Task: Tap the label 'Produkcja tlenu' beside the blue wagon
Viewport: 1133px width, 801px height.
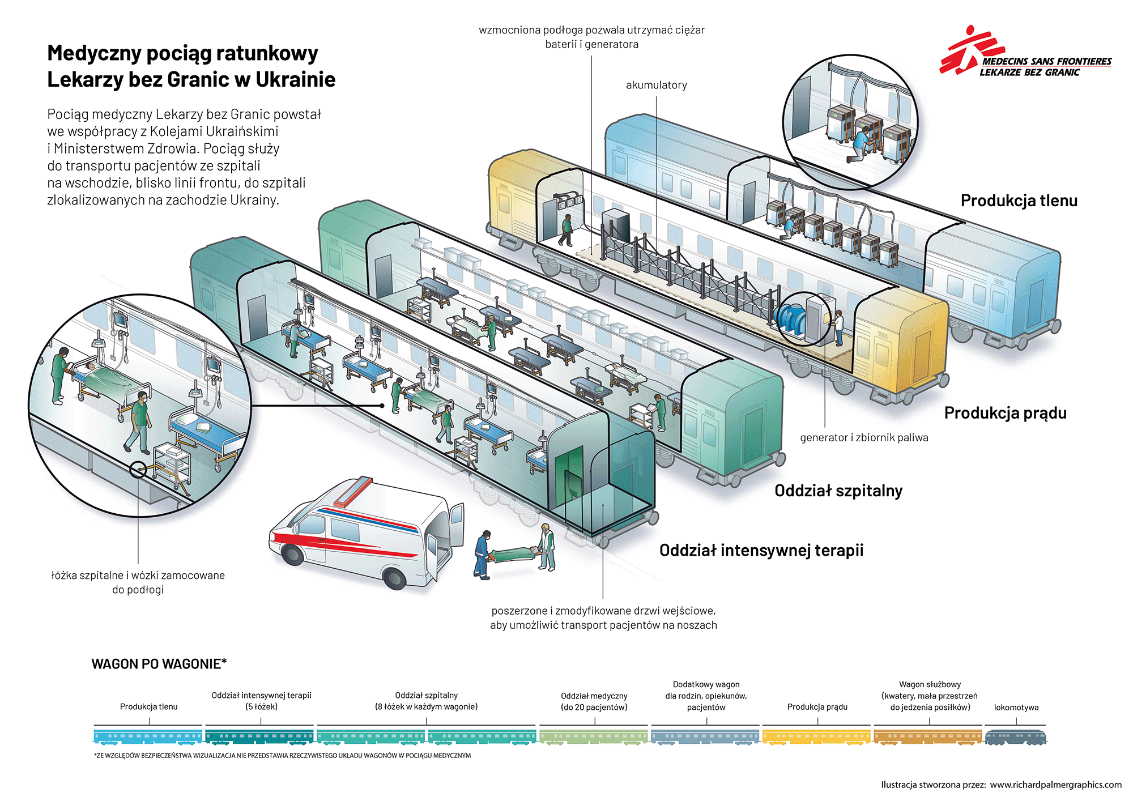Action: pyautogui.click(x=1019, y=201)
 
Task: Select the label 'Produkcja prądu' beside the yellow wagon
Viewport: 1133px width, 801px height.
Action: pyautogui.click(x=1005, y=413)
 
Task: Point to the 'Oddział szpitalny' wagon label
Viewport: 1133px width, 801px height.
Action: pyautogui.click(x=838, y=491)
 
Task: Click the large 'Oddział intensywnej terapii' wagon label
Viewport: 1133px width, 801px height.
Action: pyautogui.click(x=761, y=550)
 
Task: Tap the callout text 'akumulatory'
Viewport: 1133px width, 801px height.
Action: pyautogui.click(x=656, y=85)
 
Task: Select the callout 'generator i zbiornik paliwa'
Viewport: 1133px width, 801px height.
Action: pyautogui.click(x=864, y=437)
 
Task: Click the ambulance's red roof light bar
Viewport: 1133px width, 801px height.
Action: pyautogui.click(x=353, y=492)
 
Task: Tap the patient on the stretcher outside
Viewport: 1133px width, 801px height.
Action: pyautogui.click(x=513, y=553)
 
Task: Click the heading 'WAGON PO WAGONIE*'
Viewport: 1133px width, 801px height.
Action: pyautogui.click(x=159, y=664)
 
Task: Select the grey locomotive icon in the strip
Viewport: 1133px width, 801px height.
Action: pyautogui.click(x=1016, y=736)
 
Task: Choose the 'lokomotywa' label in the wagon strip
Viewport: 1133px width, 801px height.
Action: pyautogui.click(x=1016, y=708)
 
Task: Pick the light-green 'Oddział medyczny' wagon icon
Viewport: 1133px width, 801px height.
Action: pyautogui.click(x=593, y=736)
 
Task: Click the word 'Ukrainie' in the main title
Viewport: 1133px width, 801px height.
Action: pyautogui.click(x=295, y=79)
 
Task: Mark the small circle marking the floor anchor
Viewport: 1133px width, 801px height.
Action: pyautogui.click(x=138, y=470)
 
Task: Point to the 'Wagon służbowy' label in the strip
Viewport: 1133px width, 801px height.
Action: pyautogui.click(x=929, y=684)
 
